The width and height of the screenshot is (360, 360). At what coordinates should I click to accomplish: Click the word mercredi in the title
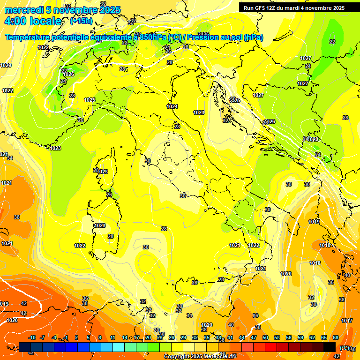[x=24, y=10]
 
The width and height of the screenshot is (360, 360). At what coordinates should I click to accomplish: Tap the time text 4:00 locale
[x=33, y=21]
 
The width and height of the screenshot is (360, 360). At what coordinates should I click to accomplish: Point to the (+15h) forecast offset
[x=81, y=21]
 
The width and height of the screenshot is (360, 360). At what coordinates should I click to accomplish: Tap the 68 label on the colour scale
[x=336, y=337]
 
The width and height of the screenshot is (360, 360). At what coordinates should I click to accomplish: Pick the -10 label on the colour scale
[x=32, y=337]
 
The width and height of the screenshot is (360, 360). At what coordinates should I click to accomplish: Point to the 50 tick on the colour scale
[x=265, y=337]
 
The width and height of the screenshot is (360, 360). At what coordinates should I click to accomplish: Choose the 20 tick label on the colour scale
[x=148, y=337]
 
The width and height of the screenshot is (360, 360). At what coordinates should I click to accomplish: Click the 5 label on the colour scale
[x=88, y=337]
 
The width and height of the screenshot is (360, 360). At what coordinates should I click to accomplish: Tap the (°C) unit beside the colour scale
[x=345, y=348]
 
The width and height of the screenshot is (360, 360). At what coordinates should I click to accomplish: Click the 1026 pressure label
[x=69, y=74]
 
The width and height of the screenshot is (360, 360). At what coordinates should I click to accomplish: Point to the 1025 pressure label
[x=90, y=100]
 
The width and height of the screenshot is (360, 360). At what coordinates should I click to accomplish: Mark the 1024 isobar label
[x=172, y=106]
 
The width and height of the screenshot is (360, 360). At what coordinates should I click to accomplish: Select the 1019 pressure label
[x=314, y=222]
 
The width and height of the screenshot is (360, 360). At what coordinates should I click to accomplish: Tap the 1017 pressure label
[x=347, y=321]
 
